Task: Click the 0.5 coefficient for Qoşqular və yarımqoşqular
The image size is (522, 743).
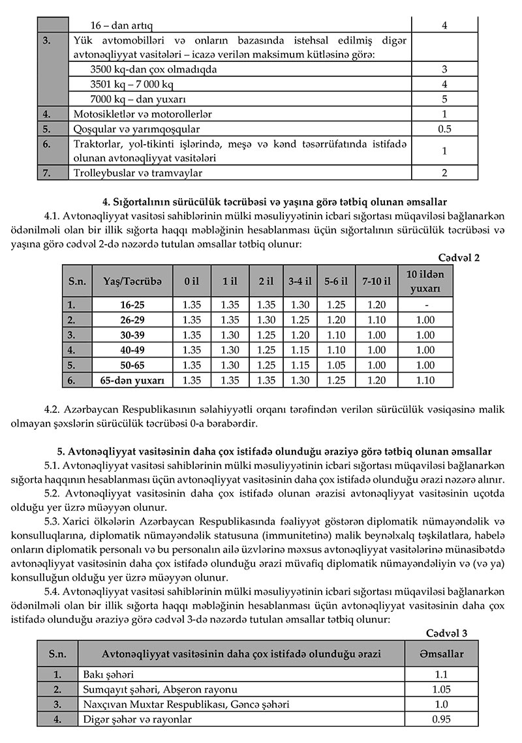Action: tap(444, 129)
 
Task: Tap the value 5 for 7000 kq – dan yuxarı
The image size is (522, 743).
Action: tap(444, 100)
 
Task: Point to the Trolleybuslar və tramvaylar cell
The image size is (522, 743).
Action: tap(138, 173)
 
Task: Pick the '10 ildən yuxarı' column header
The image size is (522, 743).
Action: tap(425, 281)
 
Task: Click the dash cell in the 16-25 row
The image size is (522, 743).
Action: tap(425, 305)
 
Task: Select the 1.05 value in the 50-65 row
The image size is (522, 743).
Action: tap(337, 365)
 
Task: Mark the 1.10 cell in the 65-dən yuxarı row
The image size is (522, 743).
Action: tap(425, 380)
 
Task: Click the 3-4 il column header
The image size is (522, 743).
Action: tap(300, 281)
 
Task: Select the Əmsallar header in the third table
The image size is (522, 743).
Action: tap(442, 654)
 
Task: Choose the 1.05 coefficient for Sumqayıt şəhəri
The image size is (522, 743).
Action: tap(442, 690)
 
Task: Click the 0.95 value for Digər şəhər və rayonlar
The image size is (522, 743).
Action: tap(442, 720)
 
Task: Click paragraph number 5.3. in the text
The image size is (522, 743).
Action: tap(54, 522)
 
